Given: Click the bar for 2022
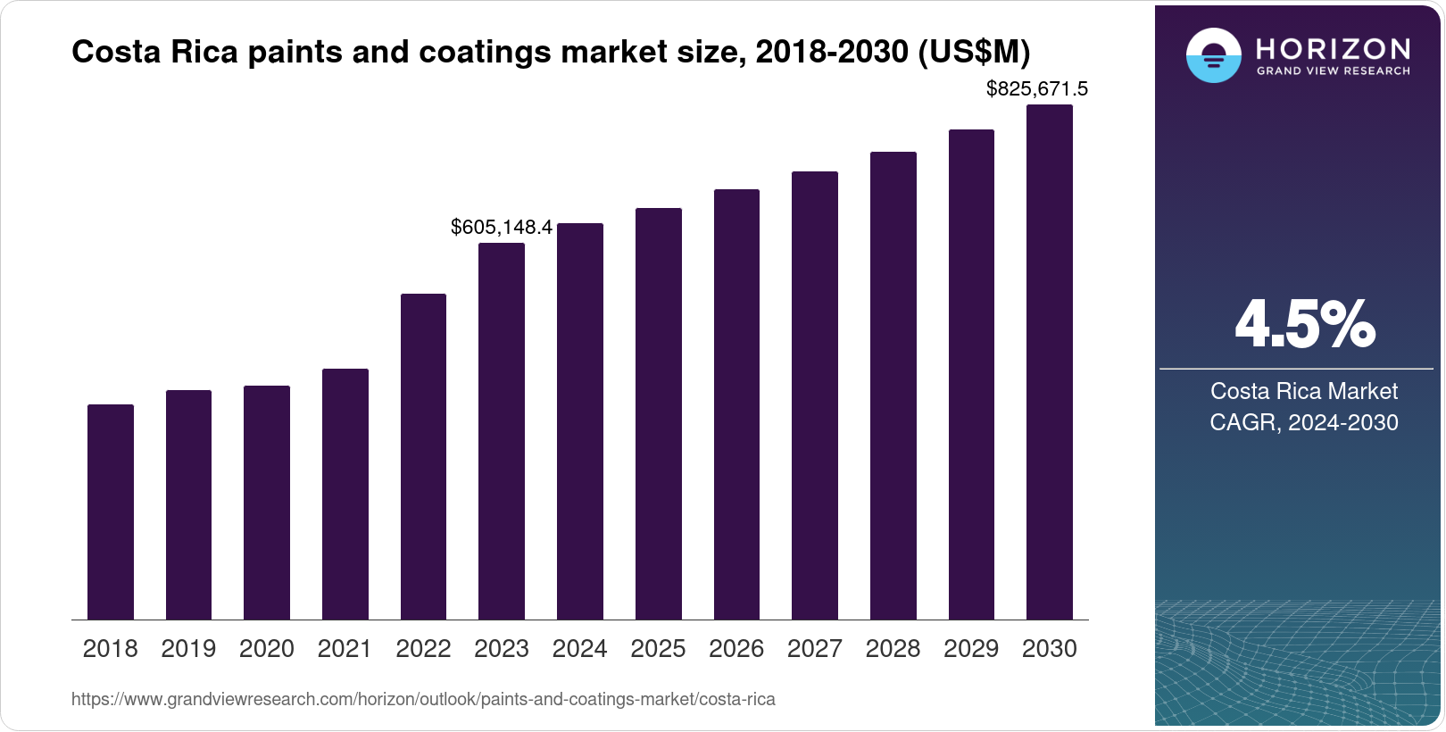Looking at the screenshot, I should click(423, 456).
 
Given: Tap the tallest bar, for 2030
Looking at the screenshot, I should click(1050, 362).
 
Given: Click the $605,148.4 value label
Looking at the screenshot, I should click(502, 228).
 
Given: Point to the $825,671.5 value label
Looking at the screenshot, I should click(1036, 89).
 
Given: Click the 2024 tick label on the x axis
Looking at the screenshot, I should click(579, 649).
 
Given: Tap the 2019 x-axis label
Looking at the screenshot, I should click(188, 649).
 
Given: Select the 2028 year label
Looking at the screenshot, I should click(893, 649).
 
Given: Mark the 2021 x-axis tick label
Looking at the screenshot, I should click(345, 649).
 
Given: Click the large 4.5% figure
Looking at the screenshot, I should click(1304, 325).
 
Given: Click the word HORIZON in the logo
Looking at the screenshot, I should click(1333, 48).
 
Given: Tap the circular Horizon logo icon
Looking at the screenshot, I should click(1213, 55).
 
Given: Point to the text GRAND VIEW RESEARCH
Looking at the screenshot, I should click(1333, 71).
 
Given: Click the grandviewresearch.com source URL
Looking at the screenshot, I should click(423, 700).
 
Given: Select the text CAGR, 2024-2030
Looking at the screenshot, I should click(1304, 422).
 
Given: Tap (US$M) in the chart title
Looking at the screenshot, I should click(974, 52).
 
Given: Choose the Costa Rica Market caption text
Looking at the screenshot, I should click(1304, 391).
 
